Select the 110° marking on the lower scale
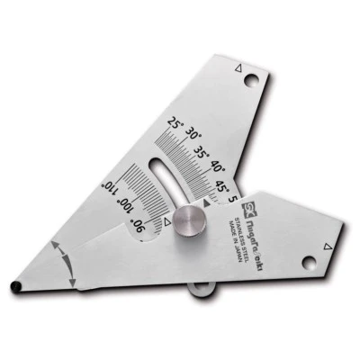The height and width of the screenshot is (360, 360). point(109,186)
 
